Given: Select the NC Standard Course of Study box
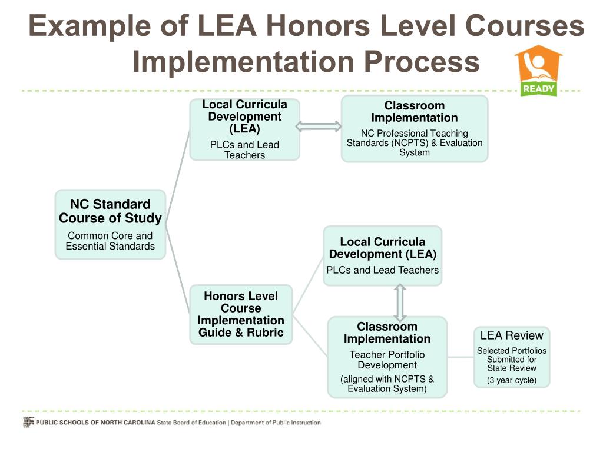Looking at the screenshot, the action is click(110, 224).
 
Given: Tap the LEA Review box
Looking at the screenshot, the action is click(511, 357).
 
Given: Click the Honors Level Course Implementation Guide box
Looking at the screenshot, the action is click(241, 314).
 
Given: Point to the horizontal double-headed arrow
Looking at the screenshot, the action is click(318, 127).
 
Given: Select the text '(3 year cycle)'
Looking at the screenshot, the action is click(511, 380).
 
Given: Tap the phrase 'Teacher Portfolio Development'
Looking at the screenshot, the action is click(387, 360).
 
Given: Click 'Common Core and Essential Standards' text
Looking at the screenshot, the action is click(110, 241).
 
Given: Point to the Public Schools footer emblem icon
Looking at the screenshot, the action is click(28, 422).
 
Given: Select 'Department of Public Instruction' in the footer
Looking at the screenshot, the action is click(276, 423).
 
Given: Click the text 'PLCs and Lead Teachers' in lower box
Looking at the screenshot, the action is click(383, 270).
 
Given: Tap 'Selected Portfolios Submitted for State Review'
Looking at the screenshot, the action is click(511, 359).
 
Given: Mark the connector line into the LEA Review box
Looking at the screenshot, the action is click(460, 357).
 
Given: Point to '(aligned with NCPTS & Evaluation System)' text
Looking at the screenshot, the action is click(387, 384).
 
